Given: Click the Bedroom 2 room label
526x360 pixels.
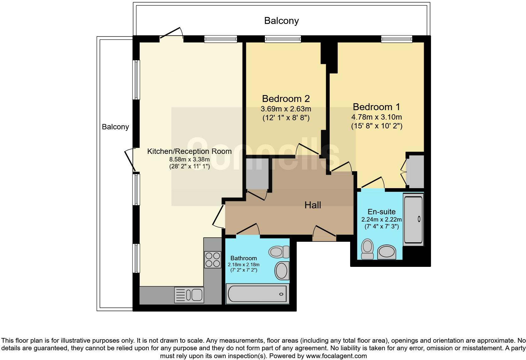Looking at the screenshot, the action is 286,98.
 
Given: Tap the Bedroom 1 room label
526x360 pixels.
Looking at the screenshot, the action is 376,107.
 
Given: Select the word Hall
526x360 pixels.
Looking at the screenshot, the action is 312,205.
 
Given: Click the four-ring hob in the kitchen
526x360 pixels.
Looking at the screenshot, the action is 213,260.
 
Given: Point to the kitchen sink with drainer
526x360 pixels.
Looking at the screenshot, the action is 189,295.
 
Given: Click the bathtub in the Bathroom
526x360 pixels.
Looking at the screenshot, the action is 257,294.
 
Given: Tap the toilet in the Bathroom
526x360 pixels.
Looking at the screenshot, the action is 279,252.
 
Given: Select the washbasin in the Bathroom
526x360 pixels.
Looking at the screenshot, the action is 282,271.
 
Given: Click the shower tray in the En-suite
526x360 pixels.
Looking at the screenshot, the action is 413,219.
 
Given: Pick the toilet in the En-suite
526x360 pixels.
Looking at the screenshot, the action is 367,249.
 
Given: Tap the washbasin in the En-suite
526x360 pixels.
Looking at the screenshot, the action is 387,252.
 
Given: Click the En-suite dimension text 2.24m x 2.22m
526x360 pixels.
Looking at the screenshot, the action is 381,220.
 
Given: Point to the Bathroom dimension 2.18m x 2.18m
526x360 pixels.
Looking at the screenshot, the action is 243,264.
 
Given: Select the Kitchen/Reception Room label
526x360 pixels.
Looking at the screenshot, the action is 189,151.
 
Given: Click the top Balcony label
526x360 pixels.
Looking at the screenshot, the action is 281,21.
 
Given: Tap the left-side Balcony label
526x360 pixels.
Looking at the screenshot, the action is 115,127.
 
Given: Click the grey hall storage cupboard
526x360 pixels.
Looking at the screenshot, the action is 257,174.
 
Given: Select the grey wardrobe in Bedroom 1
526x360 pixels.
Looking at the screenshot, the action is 415,172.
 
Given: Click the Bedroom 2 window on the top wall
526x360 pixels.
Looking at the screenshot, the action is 283,39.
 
